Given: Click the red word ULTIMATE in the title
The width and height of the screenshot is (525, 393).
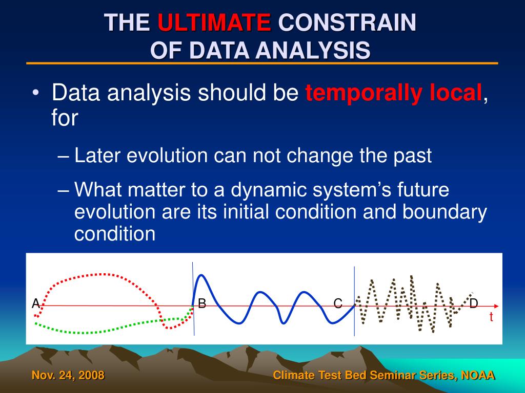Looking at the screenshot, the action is [214, 22].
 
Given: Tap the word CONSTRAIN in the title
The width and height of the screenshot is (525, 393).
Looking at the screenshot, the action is [347, 22].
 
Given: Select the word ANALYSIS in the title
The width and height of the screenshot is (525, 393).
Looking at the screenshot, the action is [313, 51].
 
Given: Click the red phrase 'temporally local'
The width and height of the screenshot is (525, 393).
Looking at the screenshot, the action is [393, 93].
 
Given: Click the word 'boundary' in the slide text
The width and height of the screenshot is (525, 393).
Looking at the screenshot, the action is [445, 211].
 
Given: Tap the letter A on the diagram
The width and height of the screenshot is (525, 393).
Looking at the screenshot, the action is [36, 303].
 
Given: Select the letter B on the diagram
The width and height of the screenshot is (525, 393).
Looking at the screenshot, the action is [202, 303].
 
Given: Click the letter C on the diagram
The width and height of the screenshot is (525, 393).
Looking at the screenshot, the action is [338, 303].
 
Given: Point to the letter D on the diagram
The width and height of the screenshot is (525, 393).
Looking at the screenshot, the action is [473, 303].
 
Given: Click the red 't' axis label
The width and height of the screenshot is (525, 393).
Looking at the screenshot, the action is [491, 316].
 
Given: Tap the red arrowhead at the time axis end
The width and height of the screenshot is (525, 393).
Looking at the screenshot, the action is [496, 306].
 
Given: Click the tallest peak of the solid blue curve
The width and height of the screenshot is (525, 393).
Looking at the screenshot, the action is [201, 275].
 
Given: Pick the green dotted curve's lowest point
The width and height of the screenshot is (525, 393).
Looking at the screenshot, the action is [82, 333].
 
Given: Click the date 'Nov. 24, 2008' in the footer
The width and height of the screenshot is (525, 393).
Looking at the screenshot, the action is [68, 375].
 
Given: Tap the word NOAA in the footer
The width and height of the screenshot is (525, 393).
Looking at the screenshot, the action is [478, 375].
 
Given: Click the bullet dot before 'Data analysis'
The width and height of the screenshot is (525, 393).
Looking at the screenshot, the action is [36, 93].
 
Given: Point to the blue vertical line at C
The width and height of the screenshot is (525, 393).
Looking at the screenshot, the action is [354, 301].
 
